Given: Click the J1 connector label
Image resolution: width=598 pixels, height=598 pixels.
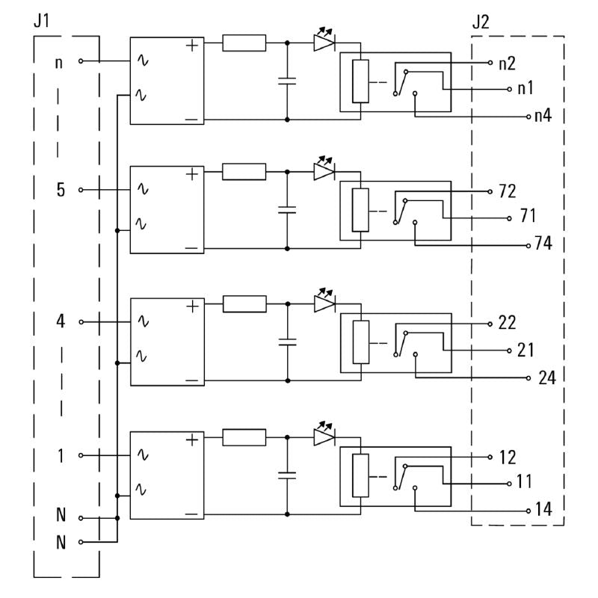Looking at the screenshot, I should pos(43,20).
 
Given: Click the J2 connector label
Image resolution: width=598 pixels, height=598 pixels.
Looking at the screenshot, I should pos(481,20).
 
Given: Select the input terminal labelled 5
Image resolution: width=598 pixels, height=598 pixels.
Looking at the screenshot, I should pos(61,189).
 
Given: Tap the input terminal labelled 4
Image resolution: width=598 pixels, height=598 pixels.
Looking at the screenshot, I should pos(61,322).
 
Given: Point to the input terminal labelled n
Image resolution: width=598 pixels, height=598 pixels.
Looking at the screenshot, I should pos(60,61).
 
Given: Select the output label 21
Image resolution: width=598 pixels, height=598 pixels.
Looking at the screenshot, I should pos(526,350).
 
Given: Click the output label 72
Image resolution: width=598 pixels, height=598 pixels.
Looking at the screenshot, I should pos(507,191).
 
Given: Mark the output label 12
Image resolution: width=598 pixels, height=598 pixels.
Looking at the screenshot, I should pos(507,456).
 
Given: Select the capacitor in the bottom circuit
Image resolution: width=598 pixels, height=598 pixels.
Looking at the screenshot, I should pos(287,474).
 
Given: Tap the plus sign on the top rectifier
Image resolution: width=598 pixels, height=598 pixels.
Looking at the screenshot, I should pos(192,44).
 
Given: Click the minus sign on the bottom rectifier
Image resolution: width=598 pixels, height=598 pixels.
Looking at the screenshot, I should pos(192,514).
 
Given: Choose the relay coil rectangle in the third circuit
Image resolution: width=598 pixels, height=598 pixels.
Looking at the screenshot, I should pos(361,342).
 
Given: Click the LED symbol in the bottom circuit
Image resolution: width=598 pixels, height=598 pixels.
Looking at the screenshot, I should pos(324,436).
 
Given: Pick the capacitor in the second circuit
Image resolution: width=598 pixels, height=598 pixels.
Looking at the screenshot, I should pos(287,209).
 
